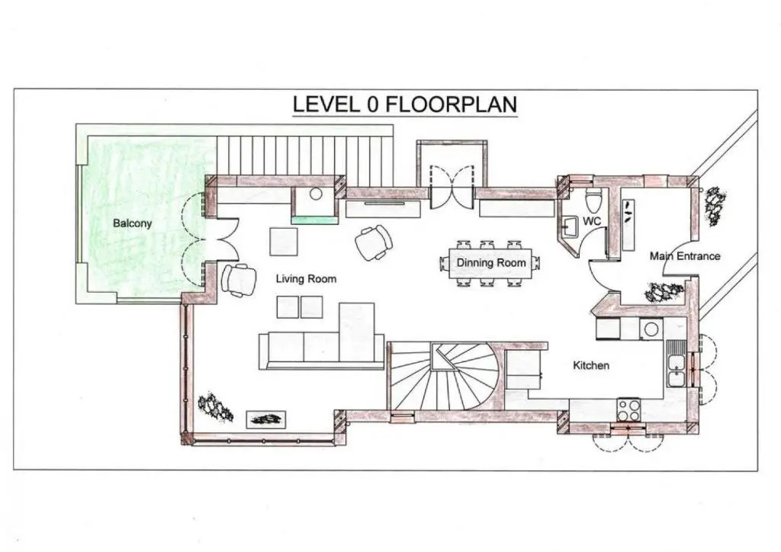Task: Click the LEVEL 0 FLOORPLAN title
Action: click(404, 104)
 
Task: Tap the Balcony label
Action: click(132, 223)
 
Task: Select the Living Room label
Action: click(306, 279)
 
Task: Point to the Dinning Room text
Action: click(491, 262)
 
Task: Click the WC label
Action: click(592, 221)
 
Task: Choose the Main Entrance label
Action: click(685, 256)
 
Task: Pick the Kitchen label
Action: click(591, 365)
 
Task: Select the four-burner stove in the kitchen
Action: click(628, 409)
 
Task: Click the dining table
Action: click(490, 263)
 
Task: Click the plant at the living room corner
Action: click(215, 407)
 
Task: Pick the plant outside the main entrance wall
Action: click(715, 205)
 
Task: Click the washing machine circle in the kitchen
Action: click(651, 329)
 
